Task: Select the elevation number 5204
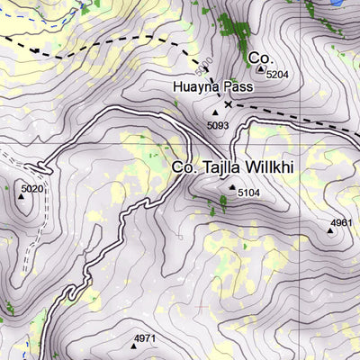click(x=277, y=75)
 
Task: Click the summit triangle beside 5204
click(x=261, y=68)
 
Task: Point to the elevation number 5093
click(x=218, y=124)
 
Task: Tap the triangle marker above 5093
click(x=215, y=112)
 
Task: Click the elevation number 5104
click(x=248, y=193)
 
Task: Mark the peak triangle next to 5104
click(x=231, y=187)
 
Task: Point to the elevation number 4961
click(x=341, y=221)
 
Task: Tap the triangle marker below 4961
click(x=329, y=231)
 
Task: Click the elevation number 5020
click(x=31, y=188)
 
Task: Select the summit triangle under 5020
click(x=22, y=196)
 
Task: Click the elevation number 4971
click(x=145, y=337)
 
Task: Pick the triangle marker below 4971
click(x=133, y=346)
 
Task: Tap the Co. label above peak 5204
click(x=259, y=57)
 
